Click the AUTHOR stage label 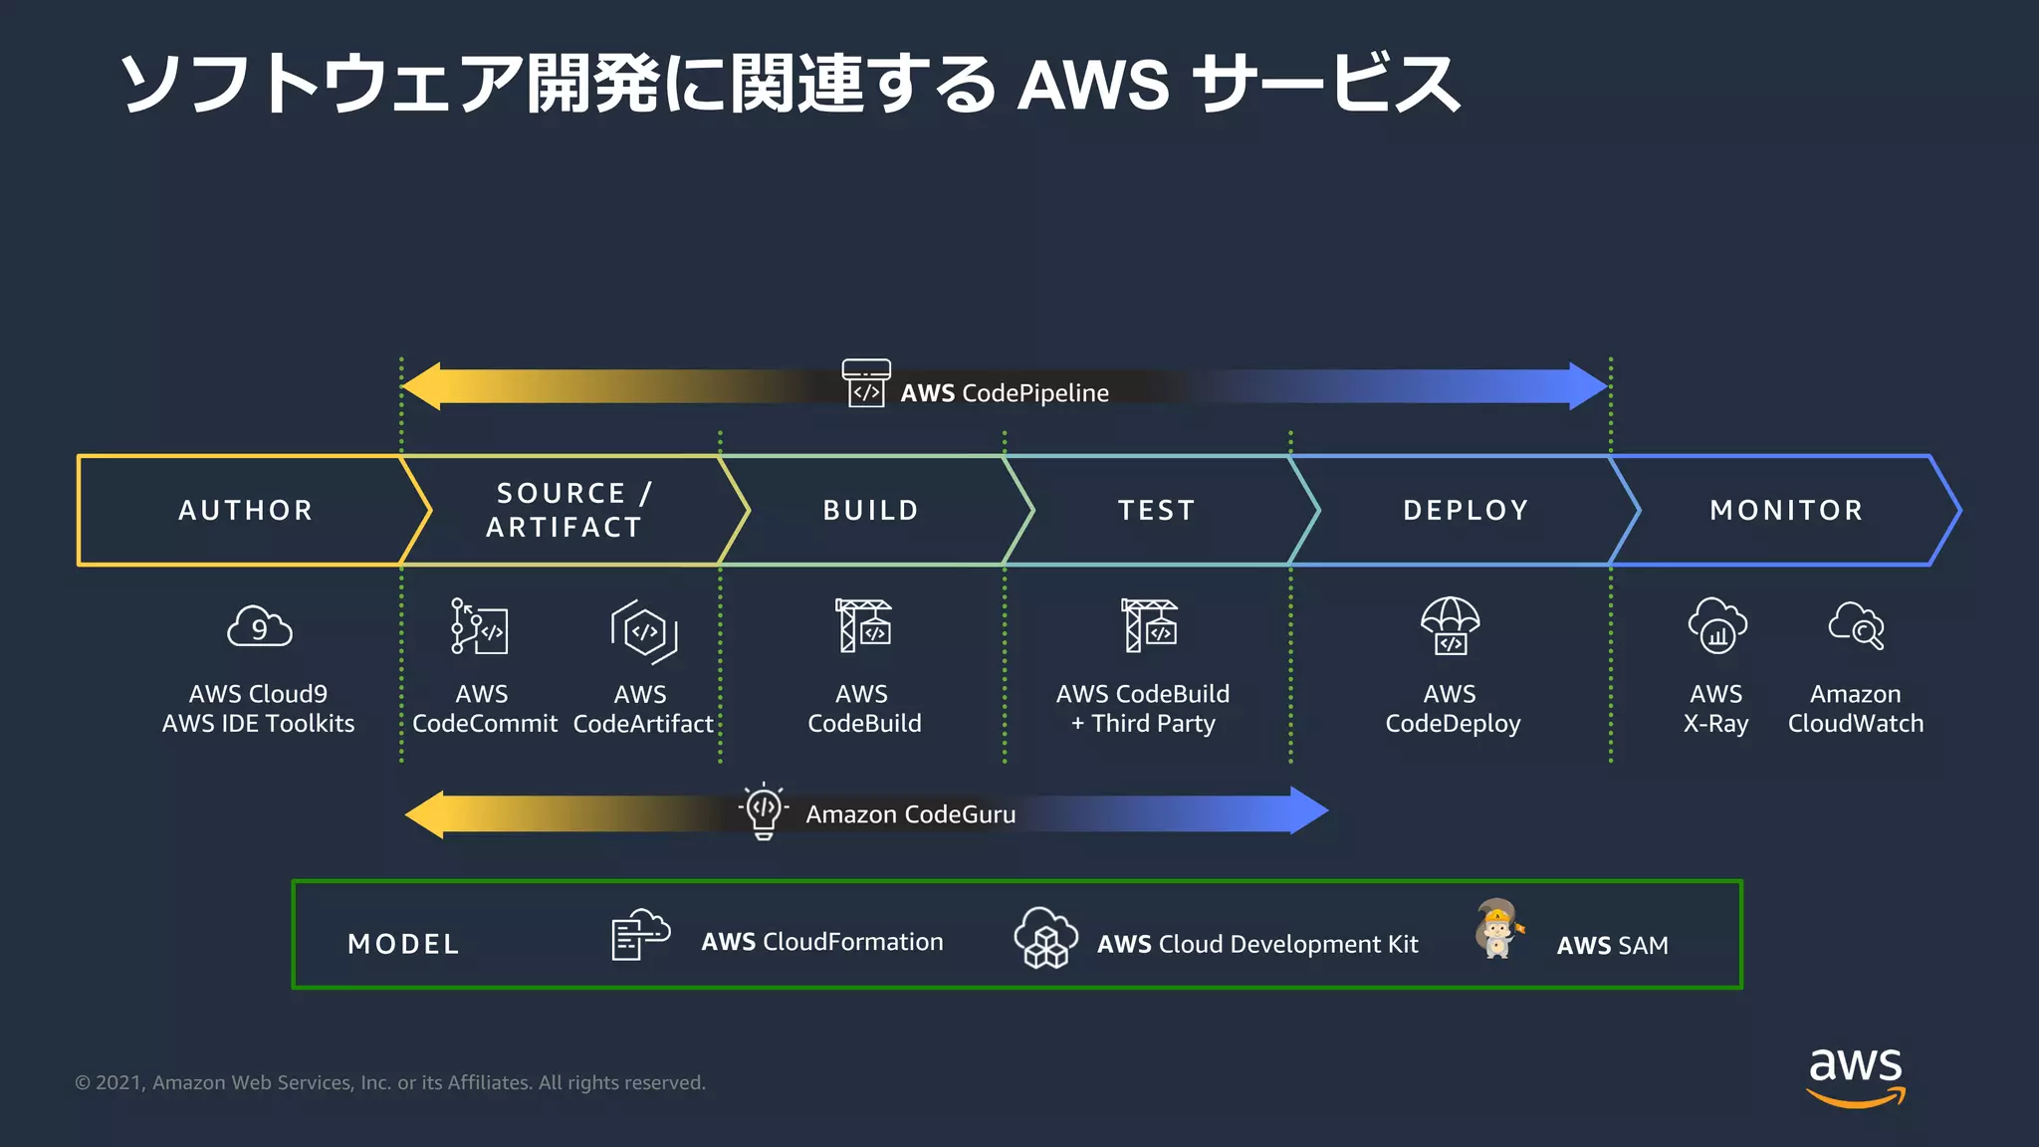(x=246, y=510)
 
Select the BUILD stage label (x=870, y=510)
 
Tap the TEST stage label (x=1156, y=510)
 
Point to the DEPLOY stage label (x=1466, y=510)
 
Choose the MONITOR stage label (x=1786, y=510)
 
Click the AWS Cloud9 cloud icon (x=259, y=627)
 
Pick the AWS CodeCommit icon (x=480, y=626)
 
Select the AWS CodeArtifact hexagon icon (x=644, y=631)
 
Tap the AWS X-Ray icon (x=1717, y=626)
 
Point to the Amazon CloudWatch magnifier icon (x=1856, y=626)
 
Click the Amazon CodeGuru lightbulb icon (x=764, y=810)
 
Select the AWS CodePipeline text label (x=1004, y=393)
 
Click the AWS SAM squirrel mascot (x=1497, y=929)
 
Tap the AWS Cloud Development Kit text (x=1256, y=944)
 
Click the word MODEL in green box (x=403, y=944)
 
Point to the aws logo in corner (x=1855, y=1075)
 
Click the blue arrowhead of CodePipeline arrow (x=1588, y=386)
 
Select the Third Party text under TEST (x=1153, y=724)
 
